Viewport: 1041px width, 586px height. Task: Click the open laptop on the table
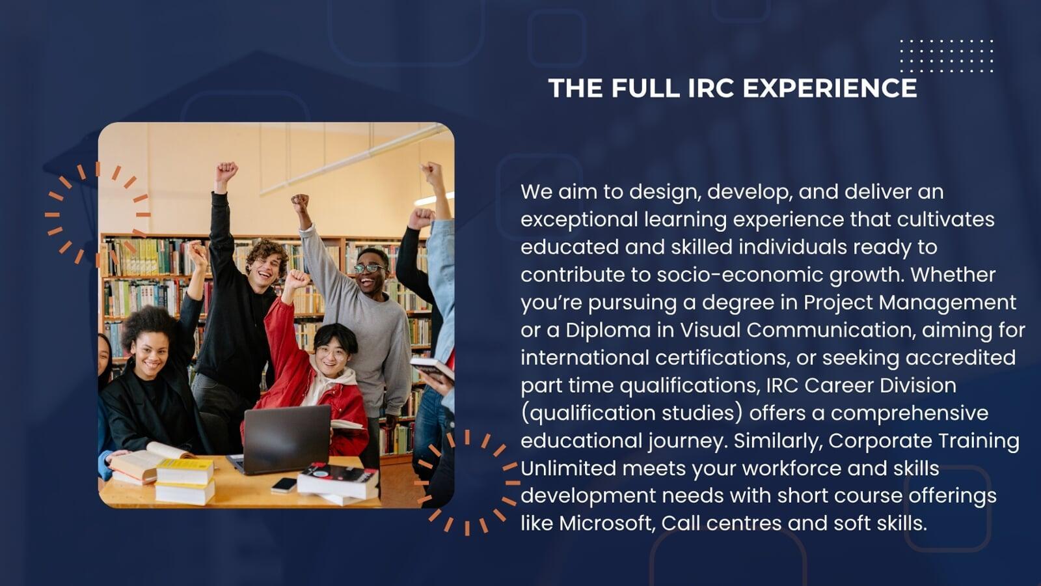[284, 439]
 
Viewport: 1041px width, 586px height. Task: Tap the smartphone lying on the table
[284, 485]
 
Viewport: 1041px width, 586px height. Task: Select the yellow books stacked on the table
[185, 481]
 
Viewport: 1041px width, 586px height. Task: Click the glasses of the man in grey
[370, 268]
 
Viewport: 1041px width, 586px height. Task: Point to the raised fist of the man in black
[226, 172]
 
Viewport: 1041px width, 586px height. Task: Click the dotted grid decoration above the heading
[947, 56]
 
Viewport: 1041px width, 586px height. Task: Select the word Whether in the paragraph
[953, 275]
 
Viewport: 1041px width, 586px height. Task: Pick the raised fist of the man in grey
[300, 204]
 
